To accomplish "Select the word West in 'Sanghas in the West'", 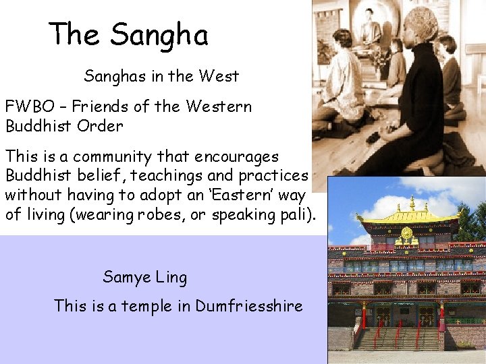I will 218,76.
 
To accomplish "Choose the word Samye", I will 126,277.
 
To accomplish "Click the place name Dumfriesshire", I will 249,306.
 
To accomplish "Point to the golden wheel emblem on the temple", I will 406,235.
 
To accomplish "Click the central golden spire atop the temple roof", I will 412,203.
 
